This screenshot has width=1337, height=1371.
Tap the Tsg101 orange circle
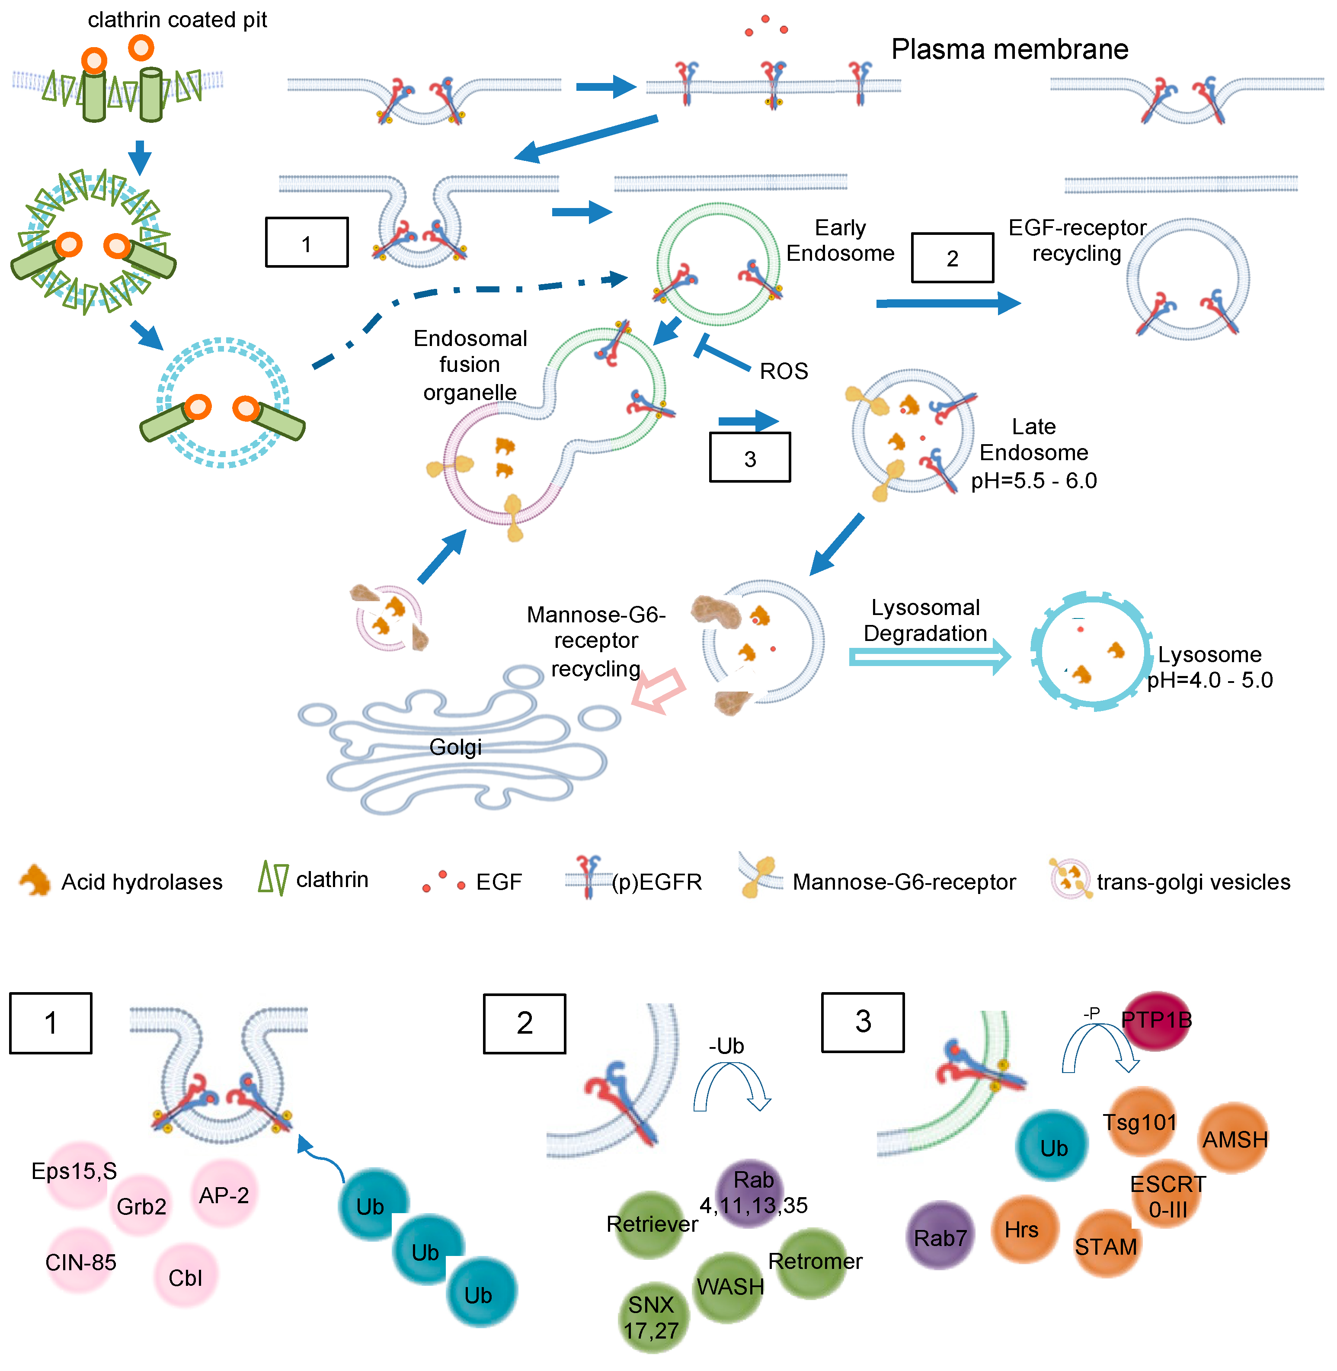pyautogui.click(x=1140, y=1121)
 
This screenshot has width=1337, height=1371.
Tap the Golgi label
pyautogui.click(x=455, y=746)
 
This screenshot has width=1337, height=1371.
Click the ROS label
pyautogui.click(x=784, y=371)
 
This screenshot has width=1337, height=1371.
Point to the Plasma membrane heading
pyautogui.click(x=1009, y=49)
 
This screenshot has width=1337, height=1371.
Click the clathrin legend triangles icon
pyautogui.click(x=273, y=879)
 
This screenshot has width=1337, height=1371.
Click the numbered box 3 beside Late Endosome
pyautogui.click(x=749, y=458)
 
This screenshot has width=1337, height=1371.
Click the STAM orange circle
pyautogui.click(x=1106, y=1245)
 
